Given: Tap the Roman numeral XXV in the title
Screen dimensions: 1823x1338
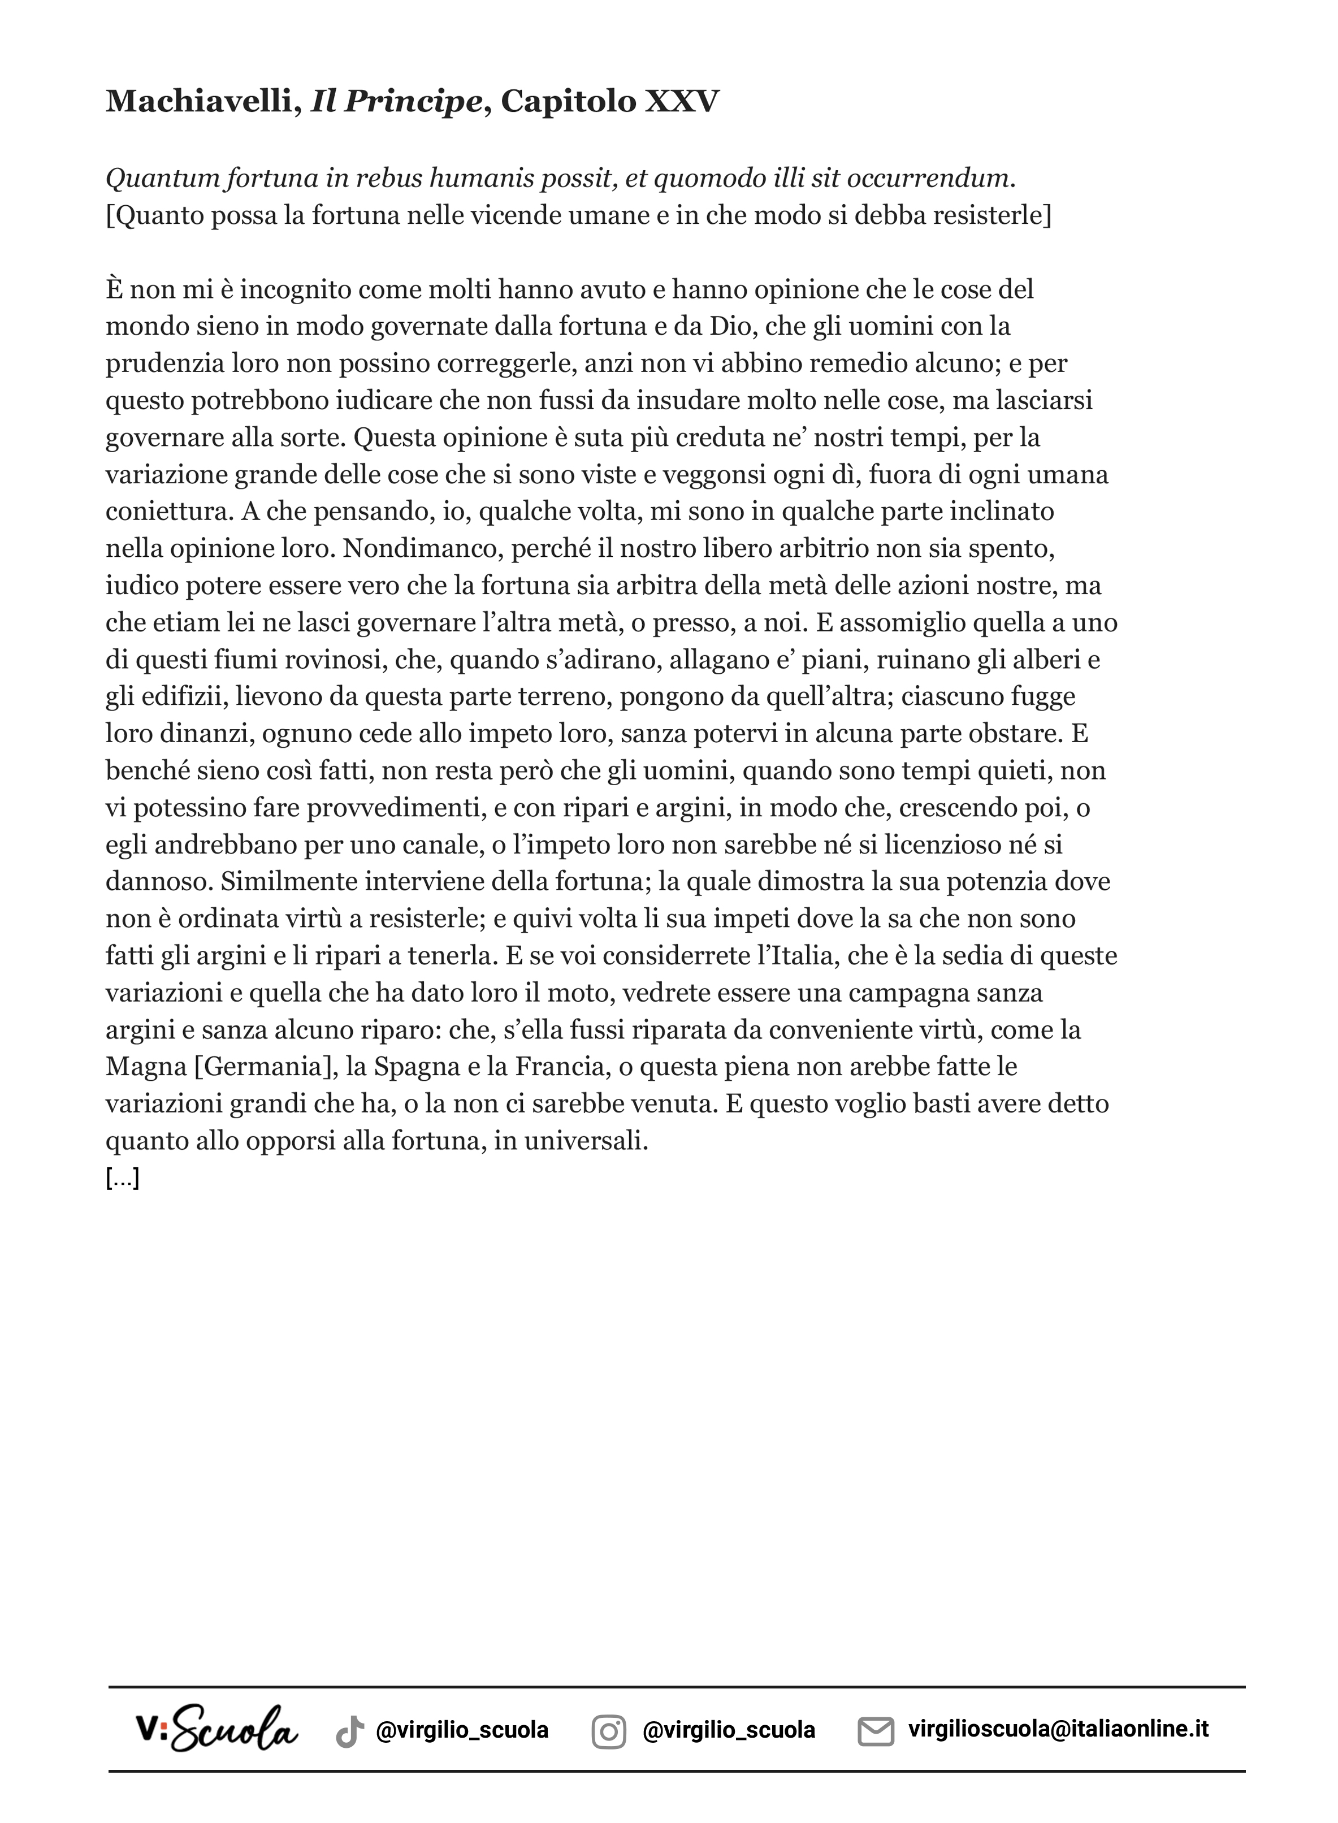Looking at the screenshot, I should (681, 101).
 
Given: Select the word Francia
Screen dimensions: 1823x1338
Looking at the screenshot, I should (561, 1067).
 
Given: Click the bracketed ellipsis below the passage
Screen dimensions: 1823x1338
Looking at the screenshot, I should (122, 1179).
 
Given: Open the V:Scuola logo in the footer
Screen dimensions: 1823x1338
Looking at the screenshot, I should (216, 1730).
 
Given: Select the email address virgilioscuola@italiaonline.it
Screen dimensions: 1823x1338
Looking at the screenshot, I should (1058, 1730).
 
